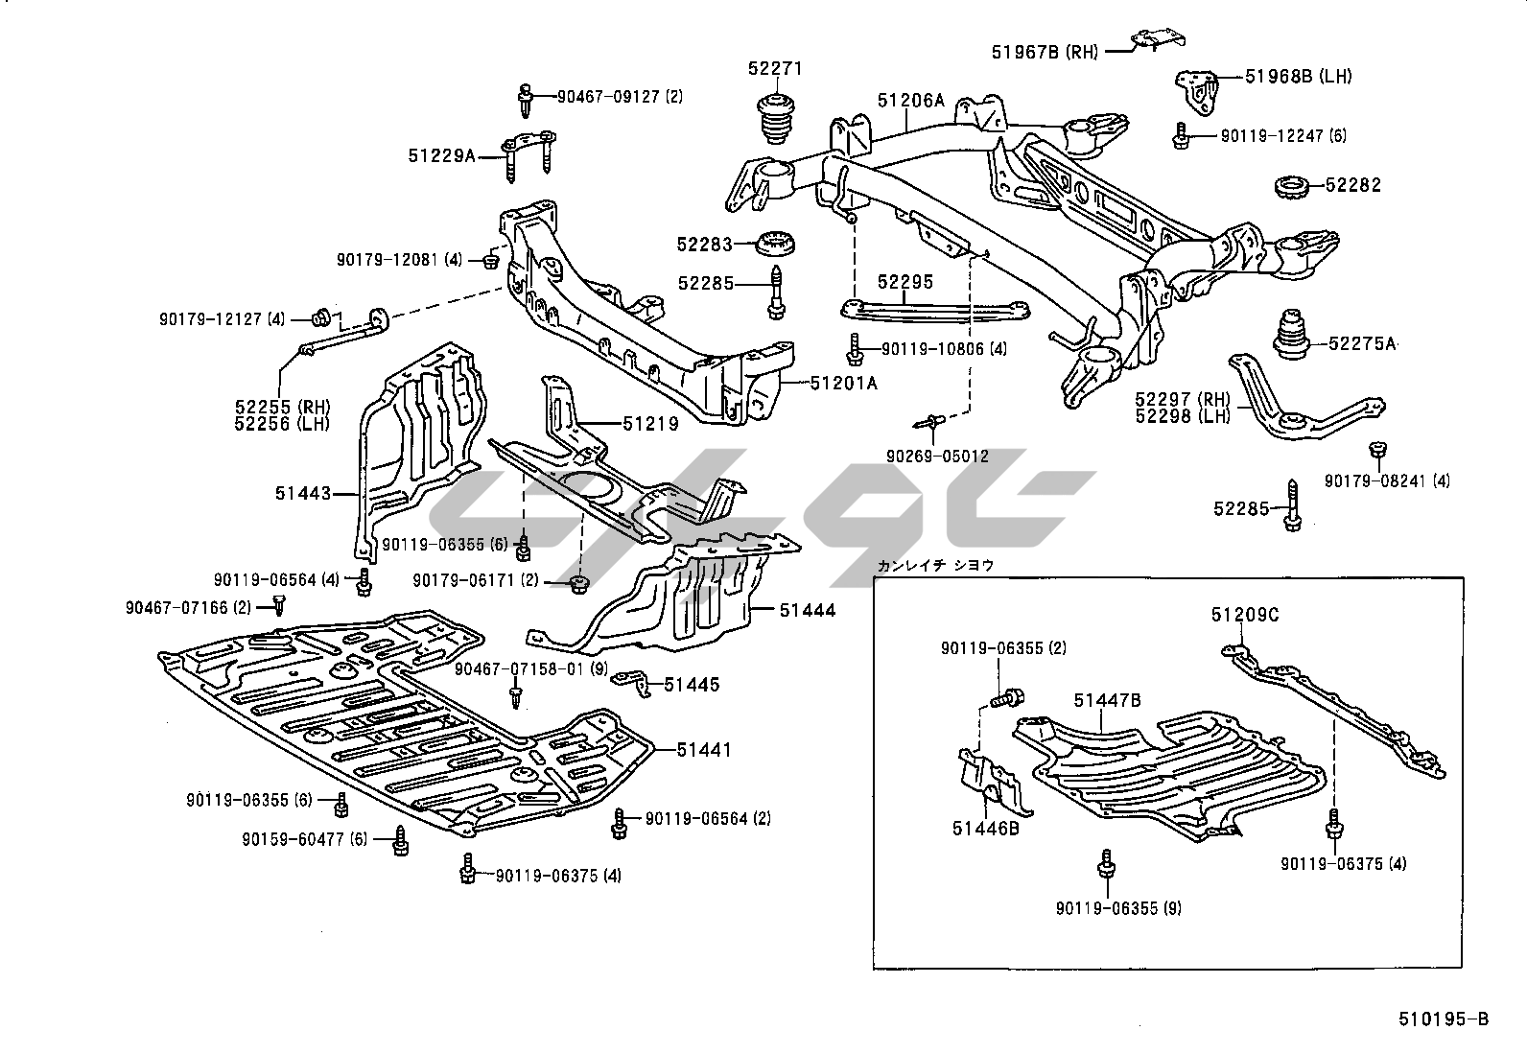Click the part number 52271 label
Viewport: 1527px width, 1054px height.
pyautogui.click(x=775, y=69)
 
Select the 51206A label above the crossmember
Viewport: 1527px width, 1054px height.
pyautogui.click(x=910, y=100)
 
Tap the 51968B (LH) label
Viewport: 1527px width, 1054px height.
pyautogui.click(x=1299, y=77)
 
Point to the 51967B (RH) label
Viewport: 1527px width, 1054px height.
pyautogui.click(x=1045, y=52)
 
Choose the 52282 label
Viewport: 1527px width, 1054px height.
pyautogui.click(x=1353, y=185)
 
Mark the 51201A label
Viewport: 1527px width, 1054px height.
pyautogui.click(x=843, y=384)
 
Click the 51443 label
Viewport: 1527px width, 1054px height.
pyautogui.click(x=303, y=494)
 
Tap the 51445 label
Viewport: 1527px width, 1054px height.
pyautogui.click(x=692, y=685)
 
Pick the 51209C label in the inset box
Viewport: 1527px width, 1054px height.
pyautogui.click(x=1244, y=616)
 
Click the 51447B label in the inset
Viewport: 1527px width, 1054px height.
pyautogui.click(x=1107, y=701)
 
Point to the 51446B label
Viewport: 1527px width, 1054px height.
pyautogui.click(x=986, y=828)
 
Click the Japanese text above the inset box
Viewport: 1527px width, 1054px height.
pyautogui.click(x=935, y=566)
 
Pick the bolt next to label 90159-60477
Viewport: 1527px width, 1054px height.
pyautogui.click(x=401, y=841)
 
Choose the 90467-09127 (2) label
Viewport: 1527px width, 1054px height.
pyautogui.click(x=621, y=96)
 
